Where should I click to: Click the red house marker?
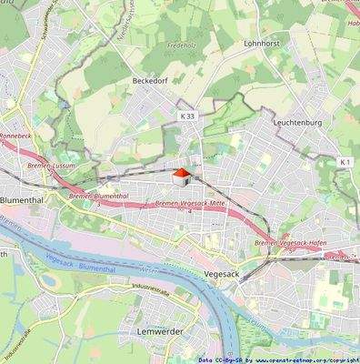point(181,173)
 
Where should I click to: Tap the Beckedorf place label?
point(151,81)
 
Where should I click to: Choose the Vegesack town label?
point(223,271)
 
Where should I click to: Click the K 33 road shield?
point(187,116)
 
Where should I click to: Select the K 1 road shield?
point(345,161)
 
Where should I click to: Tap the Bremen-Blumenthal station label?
point(97,196)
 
